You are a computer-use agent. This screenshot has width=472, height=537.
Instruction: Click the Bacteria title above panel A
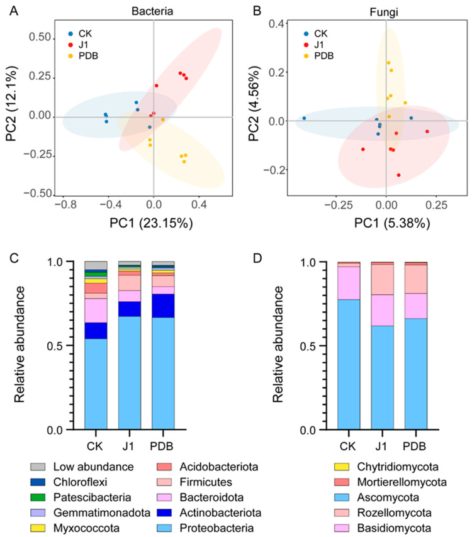(152, 11)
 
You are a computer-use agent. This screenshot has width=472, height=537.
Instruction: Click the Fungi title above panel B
(384, 13)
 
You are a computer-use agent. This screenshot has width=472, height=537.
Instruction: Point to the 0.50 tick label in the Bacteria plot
(40, 37)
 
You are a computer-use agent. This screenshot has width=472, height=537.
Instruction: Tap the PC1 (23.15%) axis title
(151, 223)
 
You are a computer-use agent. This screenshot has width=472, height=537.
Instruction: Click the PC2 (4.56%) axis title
(254, 104)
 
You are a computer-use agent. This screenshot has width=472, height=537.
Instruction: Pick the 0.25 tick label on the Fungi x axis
(436, 205)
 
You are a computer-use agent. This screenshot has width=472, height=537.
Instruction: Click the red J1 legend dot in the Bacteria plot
(70, 45)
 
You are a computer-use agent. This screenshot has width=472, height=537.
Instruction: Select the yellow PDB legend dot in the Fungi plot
(306, 56)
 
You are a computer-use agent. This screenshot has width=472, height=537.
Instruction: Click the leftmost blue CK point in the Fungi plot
(304, 118)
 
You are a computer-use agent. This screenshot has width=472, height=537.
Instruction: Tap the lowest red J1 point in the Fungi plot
(398, 175)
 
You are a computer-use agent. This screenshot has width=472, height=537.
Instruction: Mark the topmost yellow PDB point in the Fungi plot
(389, 63)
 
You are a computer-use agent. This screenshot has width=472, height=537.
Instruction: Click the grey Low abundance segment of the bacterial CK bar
(96, 265)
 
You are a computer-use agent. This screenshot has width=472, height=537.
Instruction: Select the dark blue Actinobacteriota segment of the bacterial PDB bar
(163, 306)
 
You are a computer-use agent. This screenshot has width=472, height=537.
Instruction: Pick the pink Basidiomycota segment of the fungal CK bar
(349, 283)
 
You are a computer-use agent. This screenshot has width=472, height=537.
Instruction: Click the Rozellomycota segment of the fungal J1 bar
(382, 279)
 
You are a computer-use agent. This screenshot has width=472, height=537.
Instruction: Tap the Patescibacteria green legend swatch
(38, 497)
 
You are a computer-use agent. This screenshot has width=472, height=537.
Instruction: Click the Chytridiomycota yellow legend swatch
(341, 467)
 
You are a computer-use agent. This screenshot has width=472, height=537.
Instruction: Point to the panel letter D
(257, 258)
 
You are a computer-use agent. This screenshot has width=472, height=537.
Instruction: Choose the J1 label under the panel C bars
(128, 446)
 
